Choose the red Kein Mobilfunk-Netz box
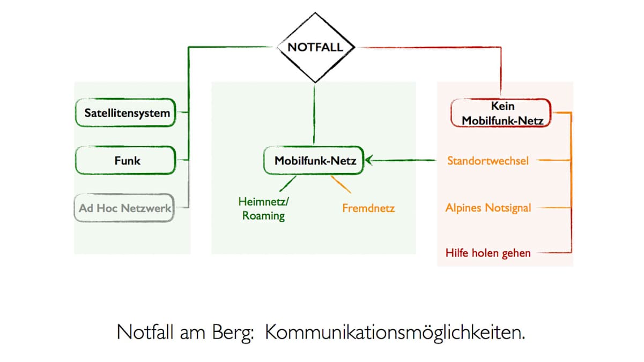coord(501,113)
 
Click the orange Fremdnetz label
coord(368,208)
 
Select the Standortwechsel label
coord(487,161)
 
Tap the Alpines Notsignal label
coord(488,208)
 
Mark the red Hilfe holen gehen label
coord(488,253)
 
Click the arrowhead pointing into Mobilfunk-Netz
coord(369,160)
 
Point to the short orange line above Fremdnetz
coord(341,184)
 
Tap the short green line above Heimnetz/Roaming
coord(287,184)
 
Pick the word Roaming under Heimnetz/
coord(263,216)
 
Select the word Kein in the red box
coord(502,106)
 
